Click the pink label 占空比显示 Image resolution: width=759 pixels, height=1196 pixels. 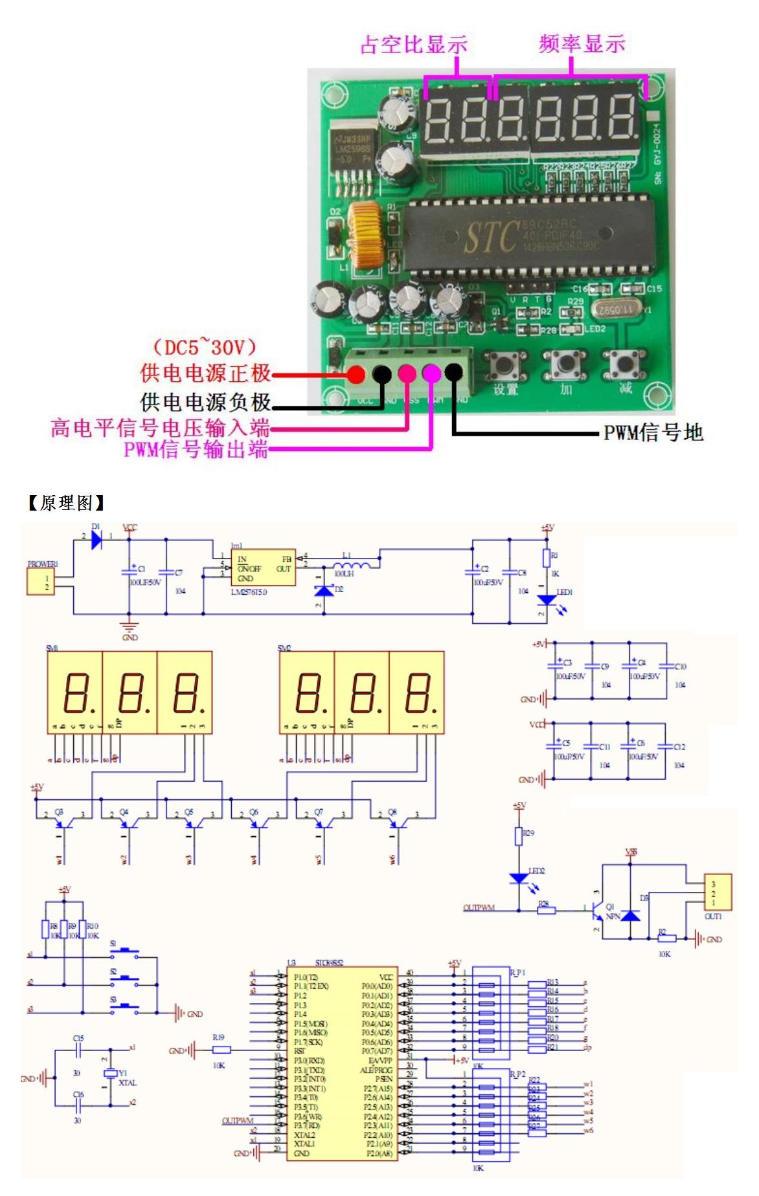[x=414, y=45]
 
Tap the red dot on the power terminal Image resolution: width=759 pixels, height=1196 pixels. [x=356, y=373]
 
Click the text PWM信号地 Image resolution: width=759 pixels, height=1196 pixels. [x=653, y=432]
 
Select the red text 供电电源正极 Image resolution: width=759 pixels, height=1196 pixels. [x=205, y=373]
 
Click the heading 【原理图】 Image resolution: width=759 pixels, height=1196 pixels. [x=66, y=503]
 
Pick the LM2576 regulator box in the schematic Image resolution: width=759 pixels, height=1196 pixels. [x=263, y=568]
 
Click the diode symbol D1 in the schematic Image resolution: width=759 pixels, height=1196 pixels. [x=96, y=539]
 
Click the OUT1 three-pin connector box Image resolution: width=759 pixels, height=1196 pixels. [x=718, y=892]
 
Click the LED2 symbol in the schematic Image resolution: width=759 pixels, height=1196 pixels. [x=519, y=878]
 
